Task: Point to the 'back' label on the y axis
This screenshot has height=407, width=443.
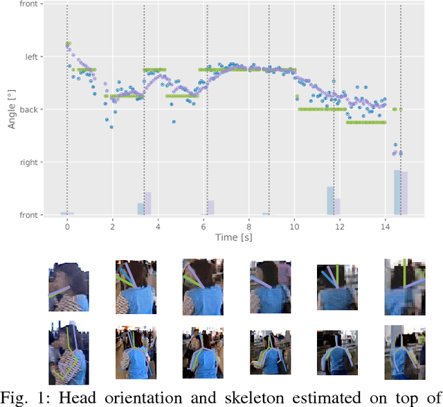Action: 28,110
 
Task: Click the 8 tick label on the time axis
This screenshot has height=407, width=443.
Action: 248,226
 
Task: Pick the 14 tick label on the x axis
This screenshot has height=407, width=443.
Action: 385,226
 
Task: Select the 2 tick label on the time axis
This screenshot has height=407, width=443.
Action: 112,226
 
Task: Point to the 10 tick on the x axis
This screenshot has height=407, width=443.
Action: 294,226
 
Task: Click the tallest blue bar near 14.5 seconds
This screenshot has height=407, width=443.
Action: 397,193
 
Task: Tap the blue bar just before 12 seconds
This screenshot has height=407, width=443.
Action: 330,201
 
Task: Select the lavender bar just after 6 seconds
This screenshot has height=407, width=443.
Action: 210,207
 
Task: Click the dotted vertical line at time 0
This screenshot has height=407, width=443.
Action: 67,104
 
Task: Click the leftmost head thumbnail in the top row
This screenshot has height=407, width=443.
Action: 68,286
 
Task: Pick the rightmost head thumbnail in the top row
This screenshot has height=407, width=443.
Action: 403,286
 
